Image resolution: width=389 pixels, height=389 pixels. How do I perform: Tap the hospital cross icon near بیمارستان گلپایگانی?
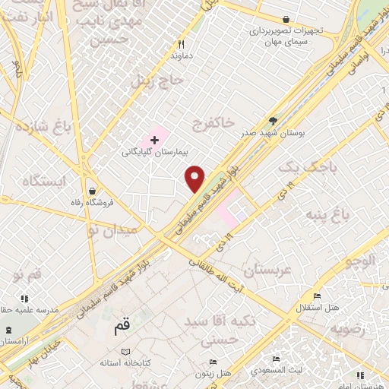point(155,140)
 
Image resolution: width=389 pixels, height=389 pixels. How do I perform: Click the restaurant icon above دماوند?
point(181,44)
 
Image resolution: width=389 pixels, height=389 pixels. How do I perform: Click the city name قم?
point(122,327)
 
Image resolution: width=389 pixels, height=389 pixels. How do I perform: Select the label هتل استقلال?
point(318,307)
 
